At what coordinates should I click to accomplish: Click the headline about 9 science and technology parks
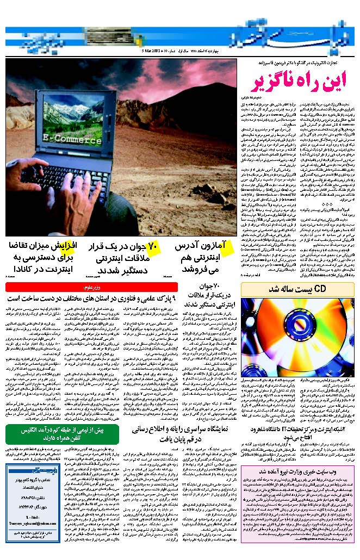click(x=92, y=299)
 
